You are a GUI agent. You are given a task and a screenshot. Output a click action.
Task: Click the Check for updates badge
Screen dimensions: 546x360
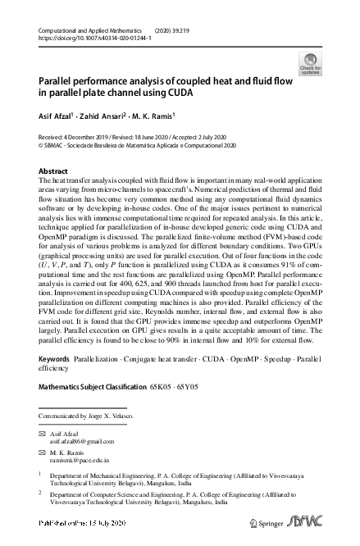[311, 63]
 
